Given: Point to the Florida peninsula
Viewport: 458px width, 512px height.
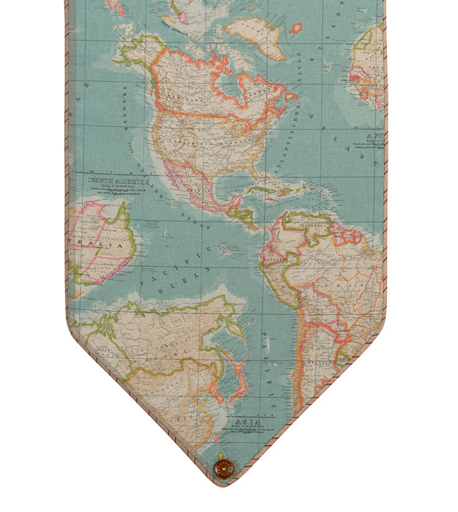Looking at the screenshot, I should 251,174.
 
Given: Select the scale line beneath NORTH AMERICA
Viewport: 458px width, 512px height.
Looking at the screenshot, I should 119,187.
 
